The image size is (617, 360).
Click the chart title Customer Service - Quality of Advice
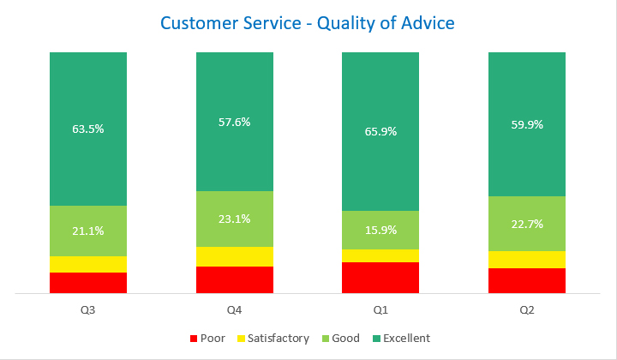click(x=308, y=23)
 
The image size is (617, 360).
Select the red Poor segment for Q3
click(x=88, y=283)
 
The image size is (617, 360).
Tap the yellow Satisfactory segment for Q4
click(x=235, y=256)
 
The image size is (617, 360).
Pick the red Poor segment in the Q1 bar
click(x=380, y=278)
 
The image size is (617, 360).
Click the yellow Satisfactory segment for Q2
click(x=527, y=260)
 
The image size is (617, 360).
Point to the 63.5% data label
click(x=88, y=129)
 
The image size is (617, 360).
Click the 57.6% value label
click(x=235, y=123)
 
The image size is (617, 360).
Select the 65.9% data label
click(x=380, y=133)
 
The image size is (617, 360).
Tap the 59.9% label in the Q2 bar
click(x=527, y=124)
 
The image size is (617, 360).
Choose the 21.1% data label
click(x=88, y=231)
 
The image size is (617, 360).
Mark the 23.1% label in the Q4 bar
click(x=235, y=219)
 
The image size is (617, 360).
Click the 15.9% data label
click(x=380, y=230)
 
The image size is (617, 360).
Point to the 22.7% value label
click(x=527, y=224)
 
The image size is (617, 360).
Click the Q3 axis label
click(x=88, y=309)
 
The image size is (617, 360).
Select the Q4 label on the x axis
click(x=235, y=309)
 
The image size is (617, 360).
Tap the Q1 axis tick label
click(x=380, y=309)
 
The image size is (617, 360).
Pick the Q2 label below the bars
click(x=527, y=309)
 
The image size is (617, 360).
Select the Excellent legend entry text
click(x=406, y=339)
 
